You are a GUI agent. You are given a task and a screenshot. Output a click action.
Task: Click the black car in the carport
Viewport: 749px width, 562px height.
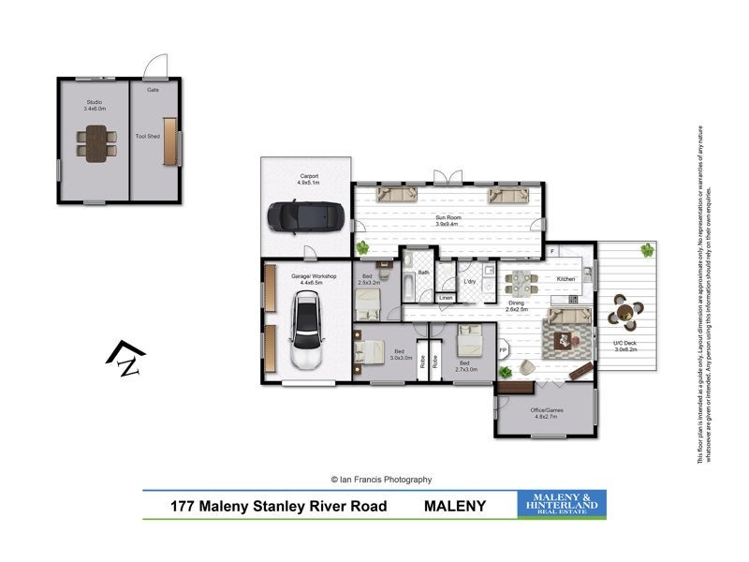[292, 216]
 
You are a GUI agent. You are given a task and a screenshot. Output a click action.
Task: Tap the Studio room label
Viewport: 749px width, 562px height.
[93, 102]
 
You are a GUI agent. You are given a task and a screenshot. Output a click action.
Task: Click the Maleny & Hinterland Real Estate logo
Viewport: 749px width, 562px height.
[562, 504]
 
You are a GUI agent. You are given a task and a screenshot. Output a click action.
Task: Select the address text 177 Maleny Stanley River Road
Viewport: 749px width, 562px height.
[280, 505]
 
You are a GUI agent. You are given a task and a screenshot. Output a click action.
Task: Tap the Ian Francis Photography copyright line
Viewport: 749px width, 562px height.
[374, 479]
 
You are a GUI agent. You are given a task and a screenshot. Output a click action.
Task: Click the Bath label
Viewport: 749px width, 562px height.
[424, 273]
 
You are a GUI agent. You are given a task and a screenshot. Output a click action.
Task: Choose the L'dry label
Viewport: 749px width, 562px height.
[470, 281]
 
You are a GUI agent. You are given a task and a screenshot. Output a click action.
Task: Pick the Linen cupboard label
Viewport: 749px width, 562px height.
[447, 298]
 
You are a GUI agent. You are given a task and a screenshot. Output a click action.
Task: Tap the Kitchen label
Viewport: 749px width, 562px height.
[566, 279]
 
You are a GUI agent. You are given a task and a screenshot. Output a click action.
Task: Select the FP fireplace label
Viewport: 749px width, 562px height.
[503, 351]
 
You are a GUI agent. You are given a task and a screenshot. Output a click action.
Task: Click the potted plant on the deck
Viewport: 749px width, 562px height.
[646, 250]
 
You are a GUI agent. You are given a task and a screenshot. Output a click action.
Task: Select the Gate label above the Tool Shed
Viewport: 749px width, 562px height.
[152, 90]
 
